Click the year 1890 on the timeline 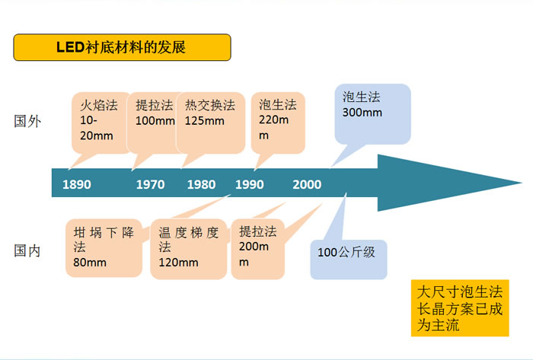77,184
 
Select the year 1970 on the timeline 150,184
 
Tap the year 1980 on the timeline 201,184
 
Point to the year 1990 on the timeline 250,184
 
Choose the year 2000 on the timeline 307,184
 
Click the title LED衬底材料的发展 122,47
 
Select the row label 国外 27,121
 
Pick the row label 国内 27,251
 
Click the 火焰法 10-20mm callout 101,123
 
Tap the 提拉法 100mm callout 155,123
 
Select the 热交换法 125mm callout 210,123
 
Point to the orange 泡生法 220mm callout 278,123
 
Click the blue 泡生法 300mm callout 372,114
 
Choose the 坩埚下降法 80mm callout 104,248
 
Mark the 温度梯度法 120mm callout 189,249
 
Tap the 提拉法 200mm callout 257,249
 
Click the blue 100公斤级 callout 349,260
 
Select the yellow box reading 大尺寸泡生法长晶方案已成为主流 460,308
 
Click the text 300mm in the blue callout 362,113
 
